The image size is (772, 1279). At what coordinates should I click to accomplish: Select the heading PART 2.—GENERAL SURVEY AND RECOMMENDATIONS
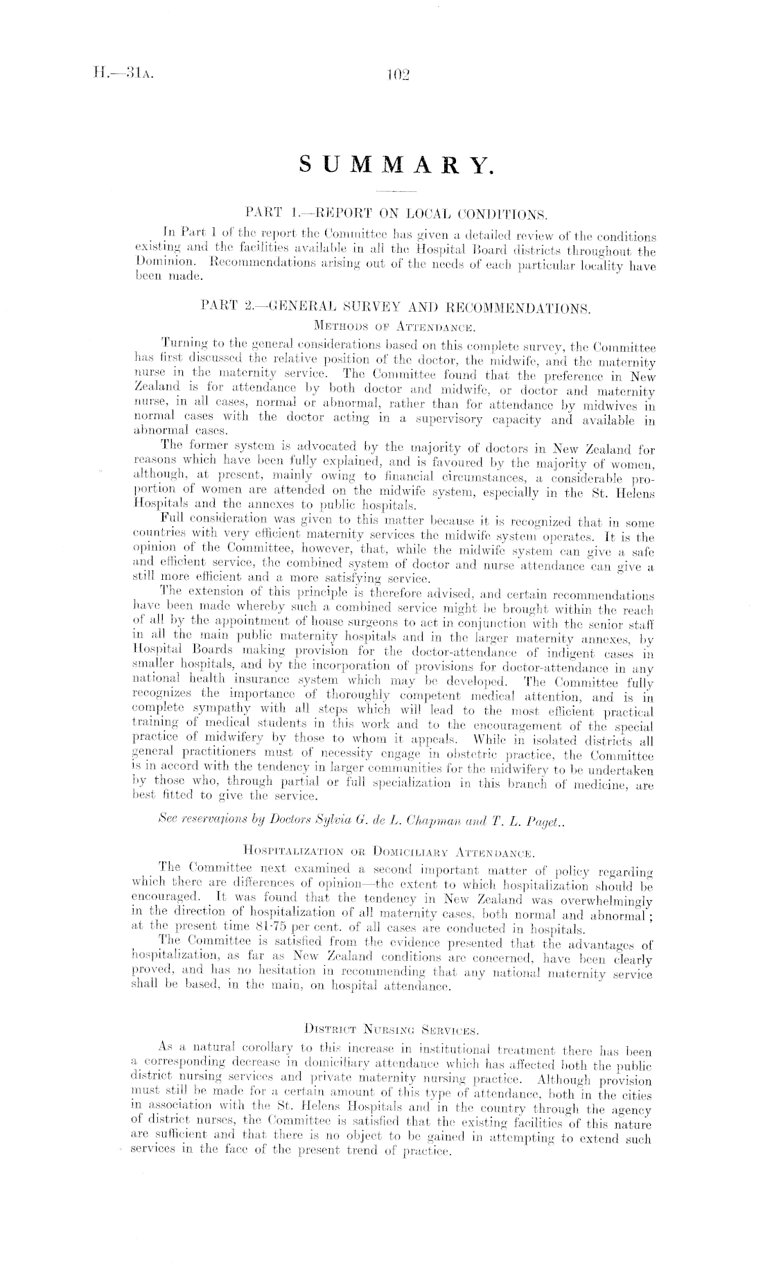395,306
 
